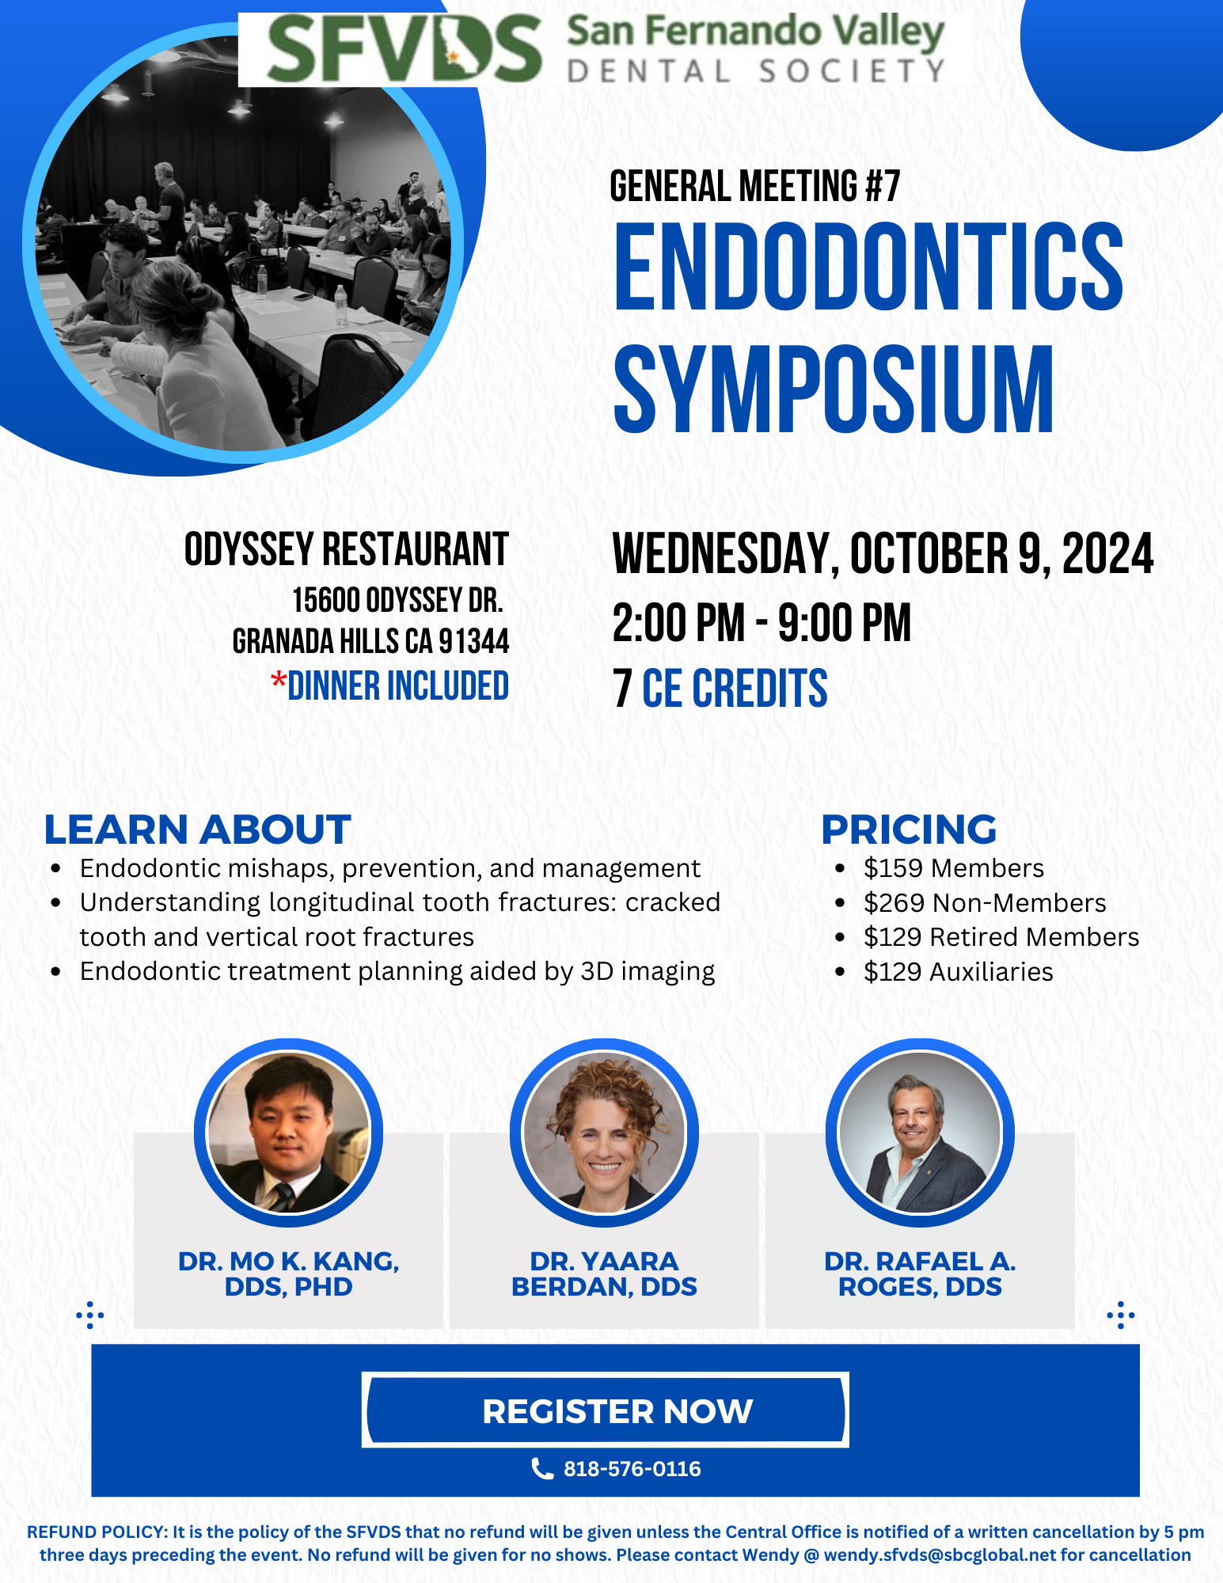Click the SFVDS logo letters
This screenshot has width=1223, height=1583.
coord(404,49)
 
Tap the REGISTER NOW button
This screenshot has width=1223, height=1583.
coord(606,1410)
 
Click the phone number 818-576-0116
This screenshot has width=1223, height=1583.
coord(632,1469)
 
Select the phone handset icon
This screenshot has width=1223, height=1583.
coord(541,1469)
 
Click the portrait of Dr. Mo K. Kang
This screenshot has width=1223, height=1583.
coord(288,1133)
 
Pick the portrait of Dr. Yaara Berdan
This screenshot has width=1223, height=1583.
coord(604,1133)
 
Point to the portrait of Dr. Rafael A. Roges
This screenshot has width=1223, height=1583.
coord(920,1133)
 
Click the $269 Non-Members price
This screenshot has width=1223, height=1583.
coord(985,902)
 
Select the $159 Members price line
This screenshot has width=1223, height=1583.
coord(954,868)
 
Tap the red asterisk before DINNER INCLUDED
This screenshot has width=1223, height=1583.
coord(278,680)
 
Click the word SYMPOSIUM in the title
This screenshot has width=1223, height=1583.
coord(834,389)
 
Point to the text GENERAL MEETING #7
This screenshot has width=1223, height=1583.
coord(754,186)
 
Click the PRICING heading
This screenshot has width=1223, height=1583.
coord(909,829)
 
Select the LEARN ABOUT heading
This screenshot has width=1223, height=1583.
coord(197,829)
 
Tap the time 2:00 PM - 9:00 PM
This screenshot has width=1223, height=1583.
coord(762,623)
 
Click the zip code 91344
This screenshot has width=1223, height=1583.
coord(474,641)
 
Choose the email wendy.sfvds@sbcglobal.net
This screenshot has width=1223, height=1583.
coord(940,1555)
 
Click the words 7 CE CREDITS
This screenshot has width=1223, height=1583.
coord(720,689)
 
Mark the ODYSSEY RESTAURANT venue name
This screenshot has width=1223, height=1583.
coord(347,549)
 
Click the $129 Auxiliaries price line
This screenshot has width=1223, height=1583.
coord(959,971)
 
